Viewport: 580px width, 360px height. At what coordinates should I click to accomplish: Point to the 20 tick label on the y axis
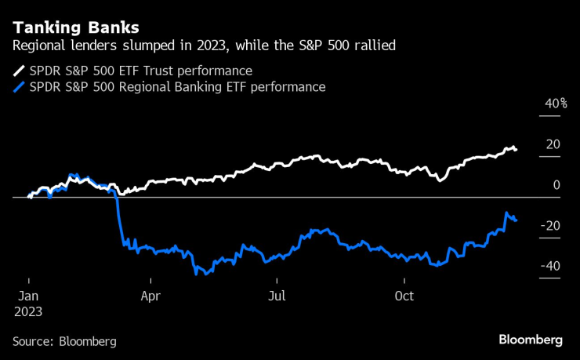(x=553, y=144)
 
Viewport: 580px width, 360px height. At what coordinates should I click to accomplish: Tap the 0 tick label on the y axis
(x=556, y=185)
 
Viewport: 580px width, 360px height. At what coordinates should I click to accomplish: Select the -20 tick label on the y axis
(x=550, y=226)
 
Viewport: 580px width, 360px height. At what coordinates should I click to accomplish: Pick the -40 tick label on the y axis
(x=550, y=267)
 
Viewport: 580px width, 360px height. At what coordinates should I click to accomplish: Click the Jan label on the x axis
(x=28, y=296)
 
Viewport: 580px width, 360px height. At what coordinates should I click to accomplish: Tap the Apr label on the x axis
(x=151, y=296)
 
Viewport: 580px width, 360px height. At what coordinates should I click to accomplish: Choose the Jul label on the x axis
(x=276, y=296)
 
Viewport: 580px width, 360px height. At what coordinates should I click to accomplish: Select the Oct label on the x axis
(x=404, y=296)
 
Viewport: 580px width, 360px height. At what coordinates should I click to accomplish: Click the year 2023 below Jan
(x=29, y=311)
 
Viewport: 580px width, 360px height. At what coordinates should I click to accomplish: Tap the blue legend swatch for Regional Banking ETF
(x=19, y=87)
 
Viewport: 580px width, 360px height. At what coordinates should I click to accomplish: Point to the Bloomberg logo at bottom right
(x=531, y=340)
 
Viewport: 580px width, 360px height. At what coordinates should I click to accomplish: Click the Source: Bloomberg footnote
(x=64, y=341)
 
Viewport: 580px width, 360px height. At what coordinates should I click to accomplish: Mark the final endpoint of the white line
(x=516, y=149)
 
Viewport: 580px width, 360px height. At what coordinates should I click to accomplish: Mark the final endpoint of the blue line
(x=516, y=220)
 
